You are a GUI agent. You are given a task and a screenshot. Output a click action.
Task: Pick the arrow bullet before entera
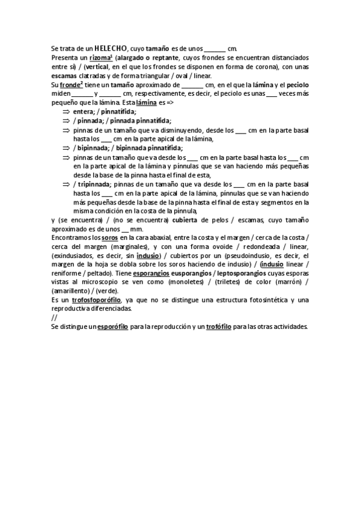pyautogui.click(x=66, y=111)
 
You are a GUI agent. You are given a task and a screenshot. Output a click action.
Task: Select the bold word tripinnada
pyautogui.click(x=94, y=184)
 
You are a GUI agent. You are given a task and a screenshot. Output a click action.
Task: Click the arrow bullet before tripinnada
pyautogui.click(x=66, y=184)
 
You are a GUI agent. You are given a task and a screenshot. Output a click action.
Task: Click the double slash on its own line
pyautogui.click(x=54, y=317)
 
